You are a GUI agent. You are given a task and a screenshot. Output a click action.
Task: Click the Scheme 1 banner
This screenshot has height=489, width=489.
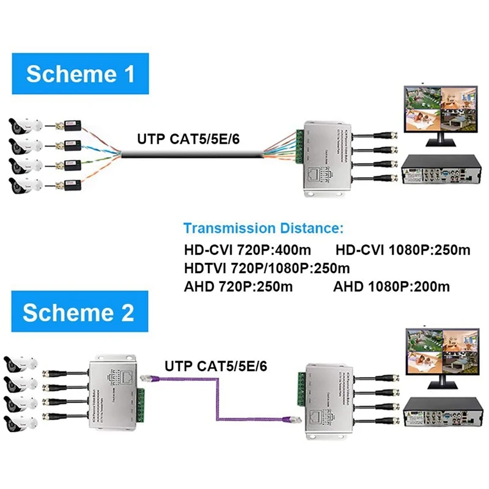click(x=80, y=74)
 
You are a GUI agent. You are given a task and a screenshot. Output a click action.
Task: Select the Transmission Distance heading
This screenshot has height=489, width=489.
click(x=263, y=229)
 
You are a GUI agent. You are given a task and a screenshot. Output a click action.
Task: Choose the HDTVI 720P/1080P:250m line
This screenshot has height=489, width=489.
click(x=267, y=268)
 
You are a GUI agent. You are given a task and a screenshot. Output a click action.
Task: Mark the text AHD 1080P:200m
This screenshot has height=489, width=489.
click(x=391, y=286)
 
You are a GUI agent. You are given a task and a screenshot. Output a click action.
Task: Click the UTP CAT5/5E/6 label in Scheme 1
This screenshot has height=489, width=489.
click(x=188, y=139)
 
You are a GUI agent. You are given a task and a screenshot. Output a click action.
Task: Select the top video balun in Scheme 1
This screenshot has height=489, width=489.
click(x=68, y=127)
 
